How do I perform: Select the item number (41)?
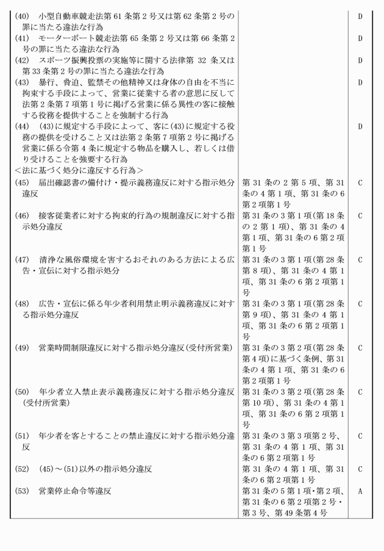pyautogui.click(x=23, y=38)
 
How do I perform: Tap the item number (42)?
pyautogui.click(x=23, y=61)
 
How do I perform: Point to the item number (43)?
pyautogui.click(x=23, y=82)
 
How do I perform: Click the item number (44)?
pyautogui.click(x=23, y=126)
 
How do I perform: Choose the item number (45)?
pyautogui.click(x=23, y=182)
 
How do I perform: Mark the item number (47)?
pyautogui.click(x=23, y=259)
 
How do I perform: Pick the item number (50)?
pyautogui.click(x=23, y=391)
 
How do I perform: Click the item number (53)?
pyautogui.click(x=23, y=491)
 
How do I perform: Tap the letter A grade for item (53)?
pyautogui.click(x=360, y=491)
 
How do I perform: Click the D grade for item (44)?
pyautogui.click(x=360, y=126)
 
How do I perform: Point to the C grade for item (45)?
pyautogui.click(x=360, y=182)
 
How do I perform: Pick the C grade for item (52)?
pyautogui.click(x=360, y=469)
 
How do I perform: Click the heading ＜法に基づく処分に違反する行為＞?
pyautogui.click(x=79, y=170)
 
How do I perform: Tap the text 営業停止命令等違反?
pyautogui.click(x=75, y=491)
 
